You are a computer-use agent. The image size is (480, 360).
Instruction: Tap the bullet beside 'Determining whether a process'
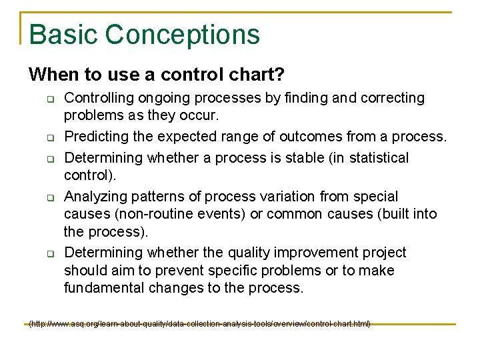tap(49, 160)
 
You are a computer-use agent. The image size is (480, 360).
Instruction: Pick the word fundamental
tap(103, 288)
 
